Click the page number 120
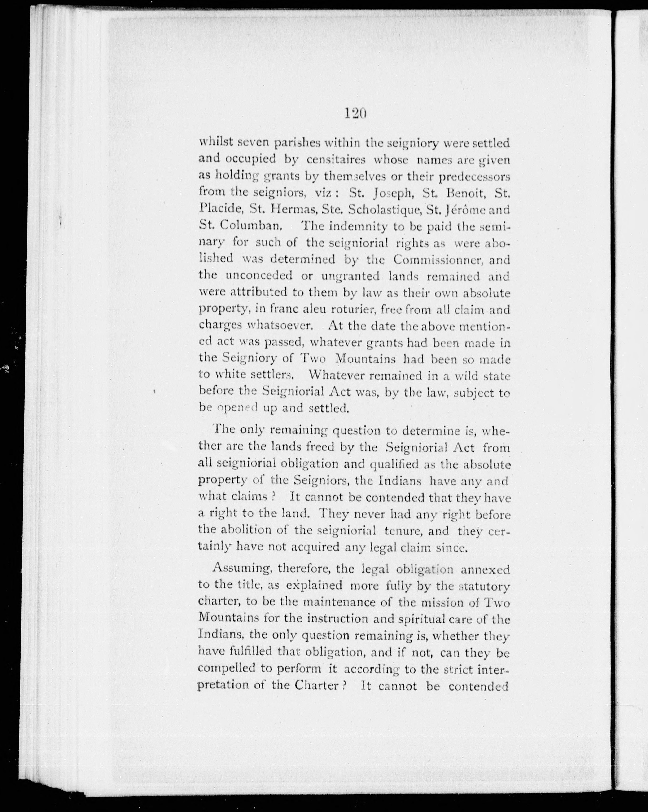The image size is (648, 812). (x=355, y=113)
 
